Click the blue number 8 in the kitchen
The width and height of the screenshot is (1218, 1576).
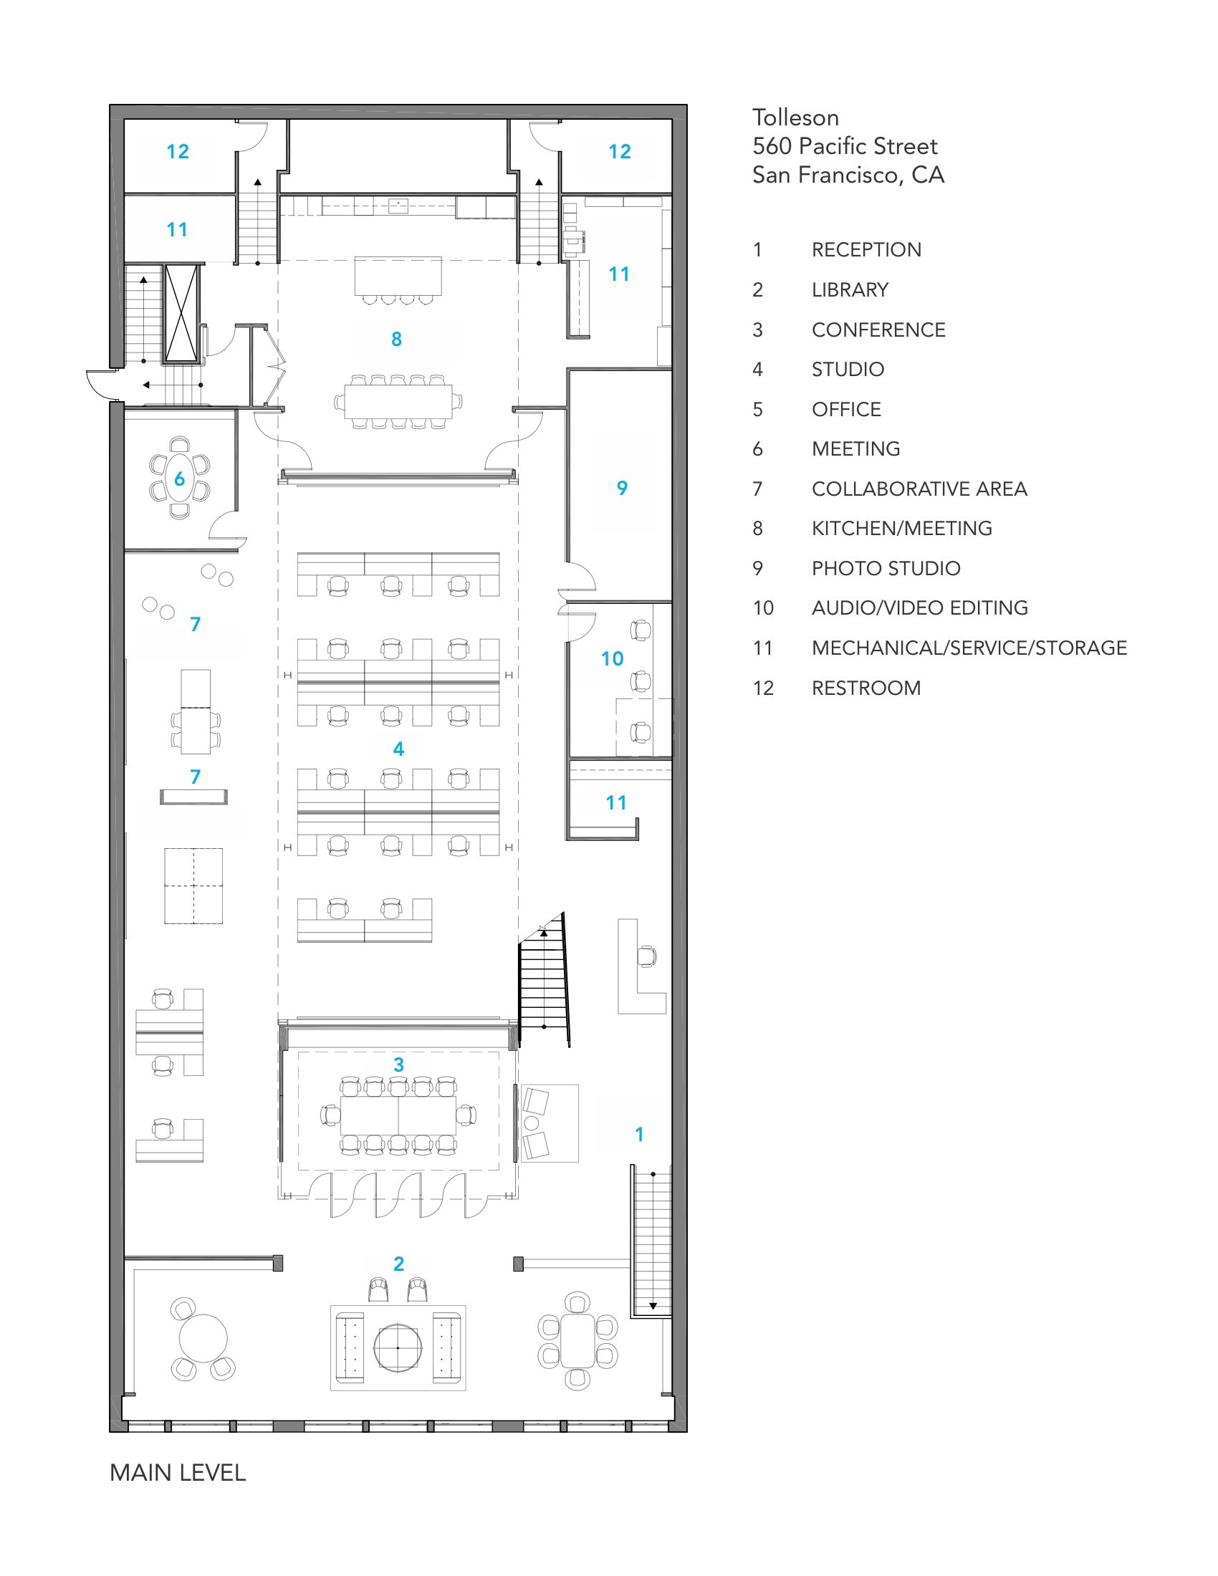[396, 339]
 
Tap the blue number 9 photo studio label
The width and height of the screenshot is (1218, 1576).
[622, 489]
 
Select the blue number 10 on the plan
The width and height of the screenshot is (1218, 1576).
[612, 659]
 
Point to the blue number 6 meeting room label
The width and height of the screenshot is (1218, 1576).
[180, 479]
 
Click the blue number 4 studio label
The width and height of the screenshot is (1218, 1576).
[398, 749]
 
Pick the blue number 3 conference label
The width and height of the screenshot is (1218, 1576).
[398, 1065]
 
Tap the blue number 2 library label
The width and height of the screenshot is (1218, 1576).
[398, 1264]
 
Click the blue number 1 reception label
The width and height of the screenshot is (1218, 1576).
[638, 1135]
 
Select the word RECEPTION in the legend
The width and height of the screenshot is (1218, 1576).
[866, 250]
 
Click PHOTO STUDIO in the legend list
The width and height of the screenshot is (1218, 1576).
[886, 569]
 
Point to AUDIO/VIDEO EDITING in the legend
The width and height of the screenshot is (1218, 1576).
[920, 608]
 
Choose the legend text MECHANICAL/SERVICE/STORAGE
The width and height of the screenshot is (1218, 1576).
[969, 648]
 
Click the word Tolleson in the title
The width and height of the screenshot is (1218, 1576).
[795, 117]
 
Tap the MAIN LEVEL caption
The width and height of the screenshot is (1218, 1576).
[178, 1472]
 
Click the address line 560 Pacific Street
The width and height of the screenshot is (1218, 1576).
[845, 145]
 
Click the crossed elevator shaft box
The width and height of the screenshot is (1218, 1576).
[181, 313]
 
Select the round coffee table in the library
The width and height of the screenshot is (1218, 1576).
[398, 1347]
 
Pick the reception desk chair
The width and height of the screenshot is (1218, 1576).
[646, 956]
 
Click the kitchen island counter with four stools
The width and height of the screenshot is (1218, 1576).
[398, 276]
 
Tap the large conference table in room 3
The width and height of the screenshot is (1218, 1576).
[398, 1115]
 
